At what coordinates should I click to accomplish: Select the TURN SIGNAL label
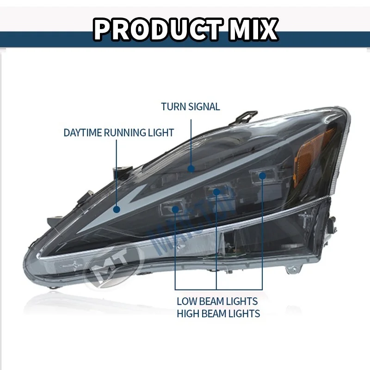click(x=191, y=107)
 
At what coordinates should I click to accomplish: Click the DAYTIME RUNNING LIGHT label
click(x=119, y=133)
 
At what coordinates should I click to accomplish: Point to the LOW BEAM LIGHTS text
click(x=218, y=301)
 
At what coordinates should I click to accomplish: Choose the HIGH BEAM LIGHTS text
click(x=218, y=314)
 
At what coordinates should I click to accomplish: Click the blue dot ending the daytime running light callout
click(x=117, y=209)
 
